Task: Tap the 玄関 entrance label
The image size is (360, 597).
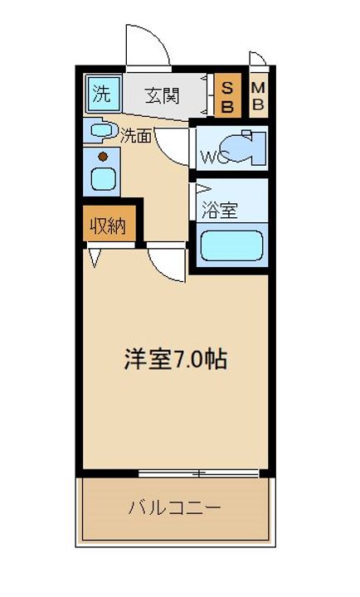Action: (163, 95)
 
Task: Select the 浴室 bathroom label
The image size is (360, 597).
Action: (220, 210)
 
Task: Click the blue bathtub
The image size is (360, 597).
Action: (232, 245)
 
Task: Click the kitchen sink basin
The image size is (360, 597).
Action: (102, 178)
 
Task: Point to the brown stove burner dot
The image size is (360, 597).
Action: (102, 156)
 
